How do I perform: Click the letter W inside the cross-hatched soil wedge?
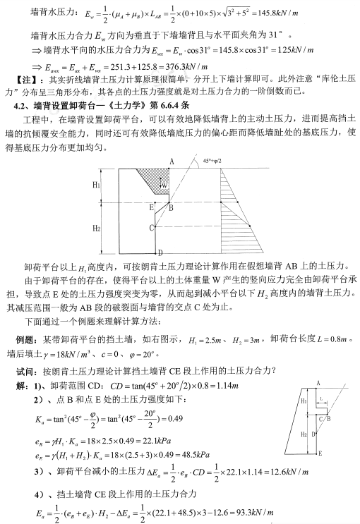tap(164, 185)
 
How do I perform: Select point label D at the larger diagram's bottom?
tap(160, 252)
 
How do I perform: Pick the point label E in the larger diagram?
tap(150, 207)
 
